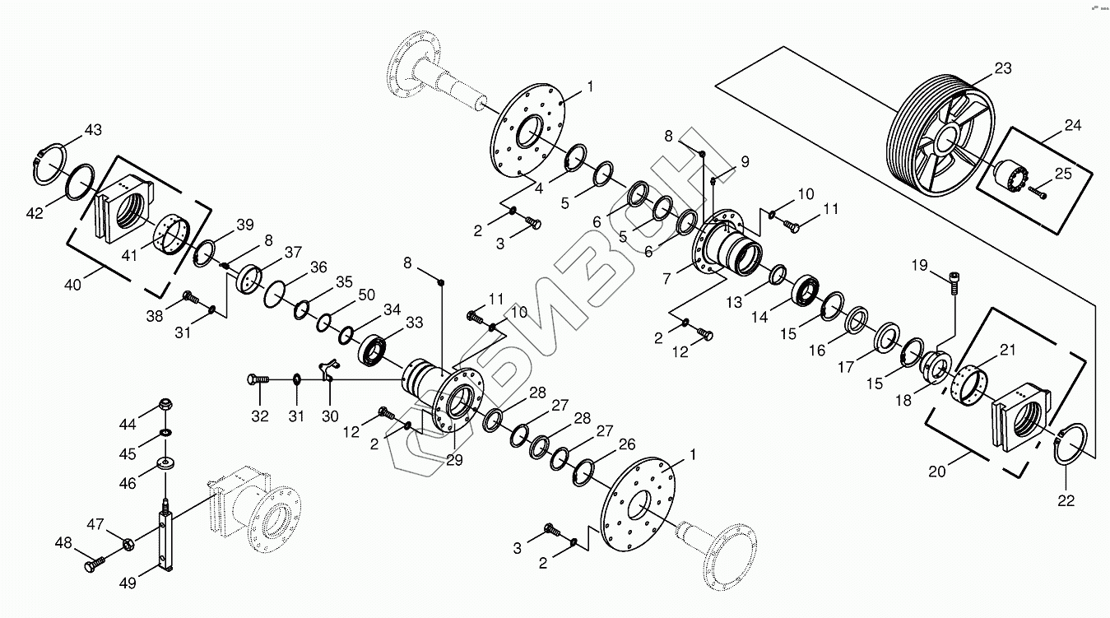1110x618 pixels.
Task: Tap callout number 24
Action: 1072,126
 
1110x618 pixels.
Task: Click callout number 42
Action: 34,214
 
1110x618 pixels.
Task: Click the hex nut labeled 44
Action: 163,406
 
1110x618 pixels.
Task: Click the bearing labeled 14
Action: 806,290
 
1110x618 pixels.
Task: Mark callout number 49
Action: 127,583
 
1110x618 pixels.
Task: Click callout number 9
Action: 744,162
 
